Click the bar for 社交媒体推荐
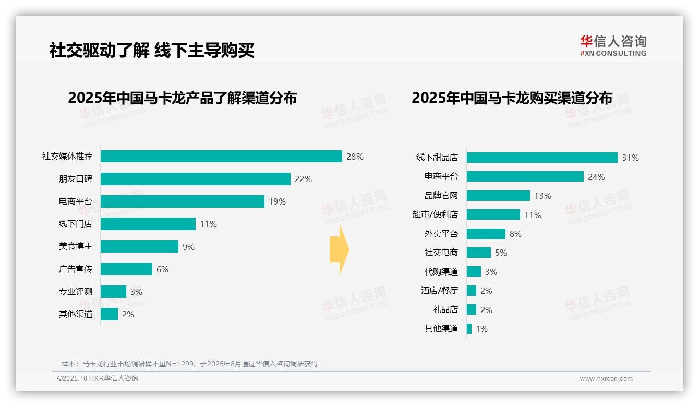point(221,157)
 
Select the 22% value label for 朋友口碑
point(303,179)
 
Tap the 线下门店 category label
point(76,224)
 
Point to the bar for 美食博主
point(139,246)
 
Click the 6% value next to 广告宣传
point(162,269)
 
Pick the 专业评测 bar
point(113,292)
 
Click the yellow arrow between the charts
point(339,249)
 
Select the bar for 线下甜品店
point(542,158)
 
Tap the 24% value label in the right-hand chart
point(596,177)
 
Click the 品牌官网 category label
point(441,196)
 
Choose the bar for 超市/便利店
point(493,214)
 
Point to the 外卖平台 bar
point(486,234)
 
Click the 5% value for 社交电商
point(501,253)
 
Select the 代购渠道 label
point(441,272)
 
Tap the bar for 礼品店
point(472,309)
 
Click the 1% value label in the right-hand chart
point(481,329)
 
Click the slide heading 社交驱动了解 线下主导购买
point(152,51)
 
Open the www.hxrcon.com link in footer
point(606,379)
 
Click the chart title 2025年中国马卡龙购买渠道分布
point(512,98)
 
